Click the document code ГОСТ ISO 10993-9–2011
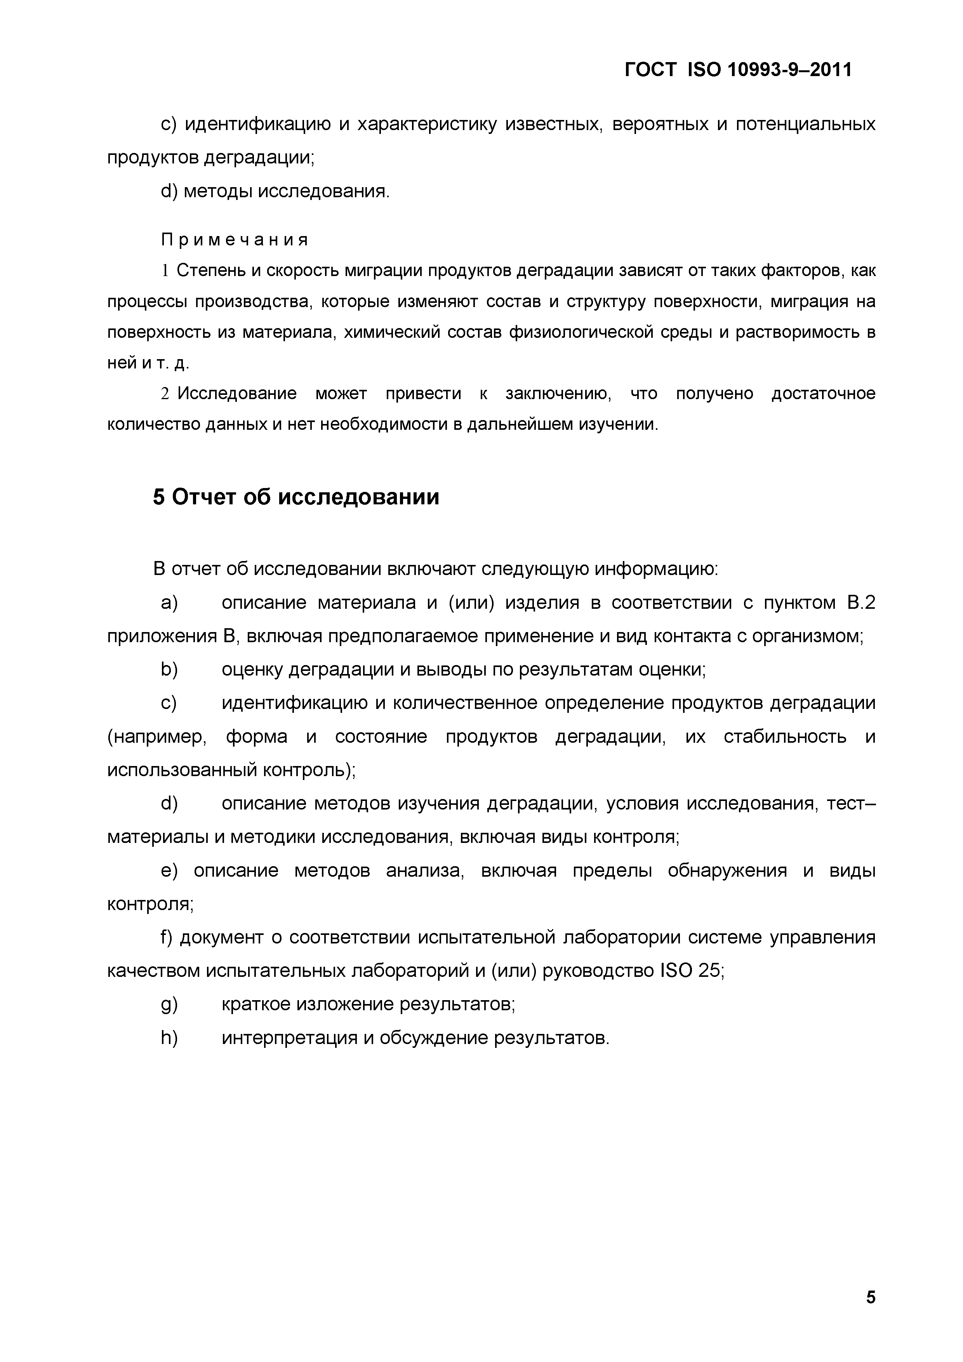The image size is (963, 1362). pyautogui.click(x=738, y=70)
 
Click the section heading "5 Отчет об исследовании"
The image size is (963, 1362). pyautogui.click(x=296, y=497)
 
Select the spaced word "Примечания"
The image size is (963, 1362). pyautogui.click(x=235, y=240)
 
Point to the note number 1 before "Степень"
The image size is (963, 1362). pyautogui.click(x=165, y=271)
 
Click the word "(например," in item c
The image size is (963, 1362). pyautogui.click(x=156, y=737)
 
